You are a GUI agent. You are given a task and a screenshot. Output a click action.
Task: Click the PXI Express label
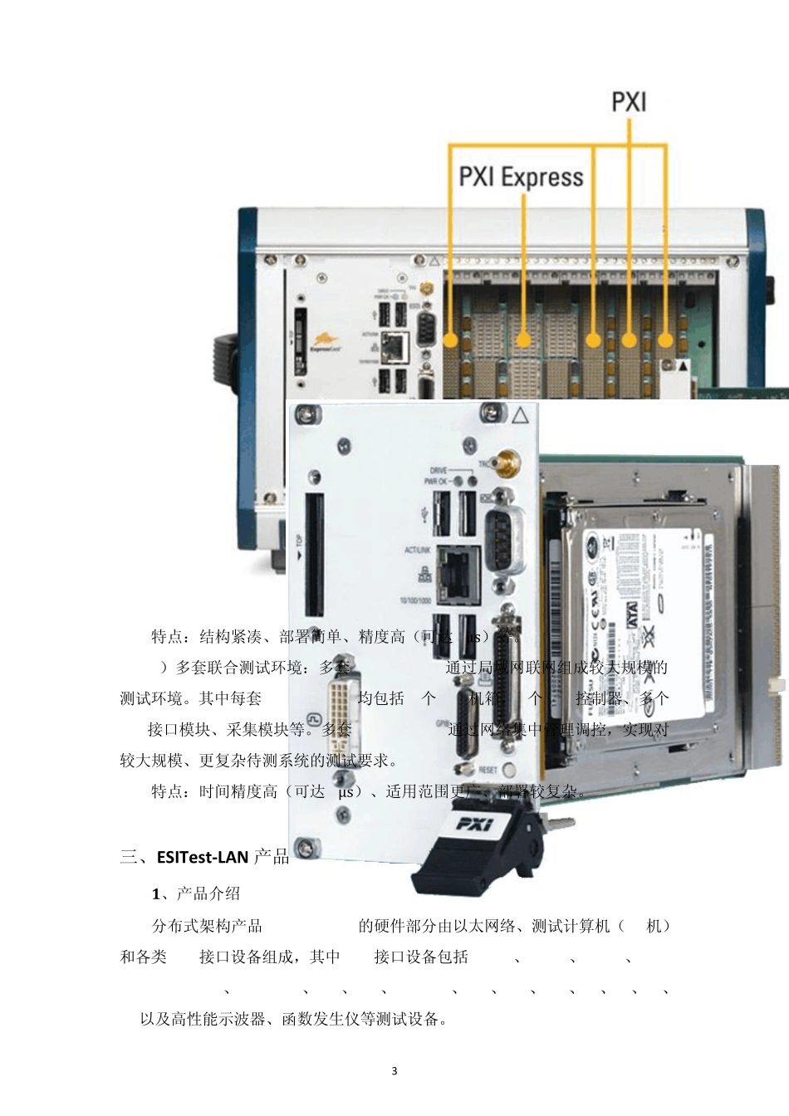521,177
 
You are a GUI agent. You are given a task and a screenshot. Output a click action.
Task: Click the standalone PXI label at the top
629,102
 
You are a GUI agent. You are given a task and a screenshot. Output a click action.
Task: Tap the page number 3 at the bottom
394,1070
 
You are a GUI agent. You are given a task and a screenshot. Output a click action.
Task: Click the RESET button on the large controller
509,769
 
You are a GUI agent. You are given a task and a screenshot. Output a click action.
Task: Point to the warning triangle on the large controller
520,416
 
